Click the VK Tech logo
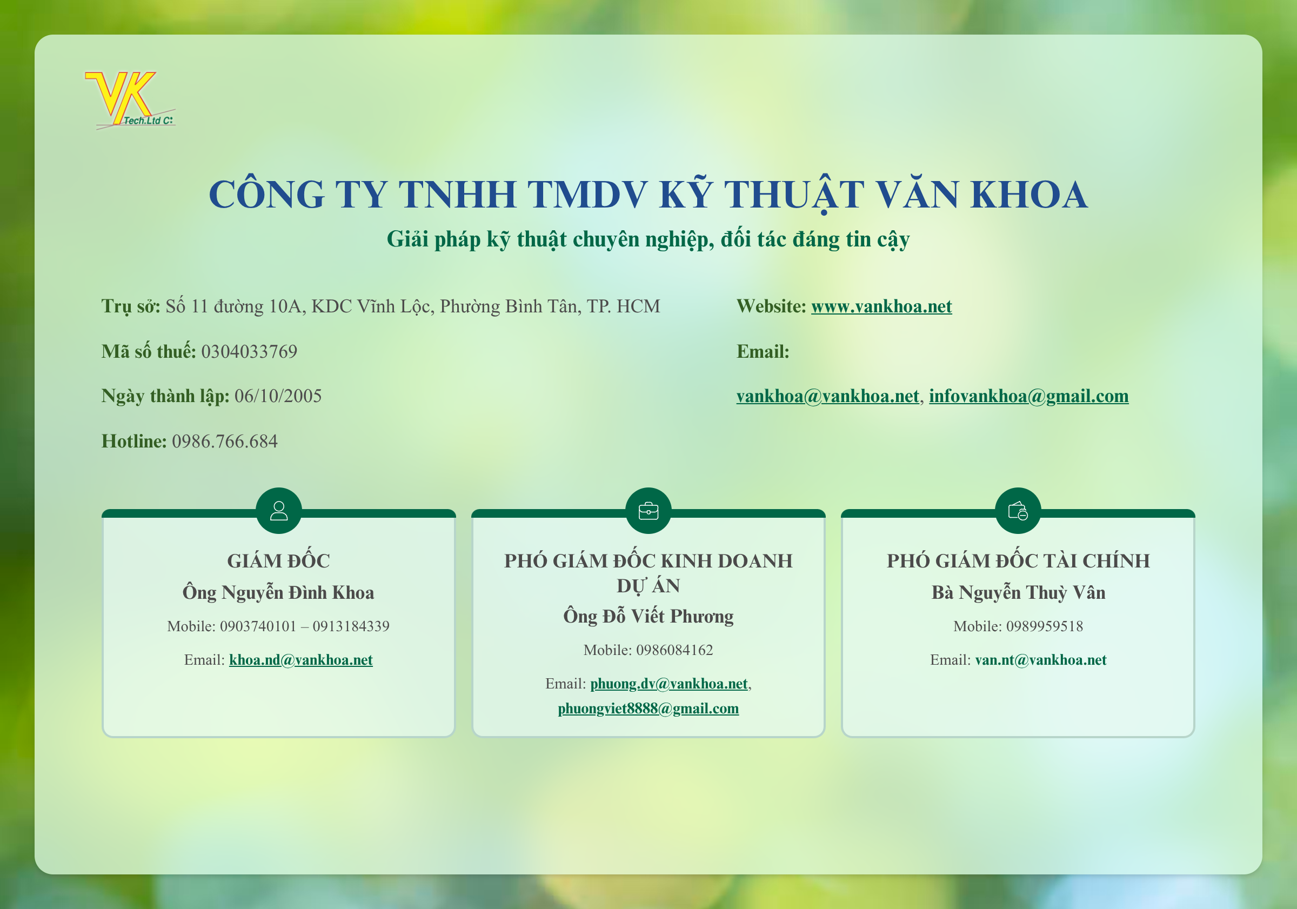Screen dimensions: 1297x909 tap(130, 100)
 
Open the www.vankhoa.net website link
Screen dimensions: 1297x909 tap(881, 306)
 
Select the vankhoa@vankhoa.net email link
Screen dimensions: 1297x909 tap(827, 396)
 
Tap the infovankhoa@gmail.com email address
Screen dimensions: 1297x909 tap(1028, 396)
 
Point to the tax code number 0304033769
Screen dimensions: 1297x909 tap(249, 351)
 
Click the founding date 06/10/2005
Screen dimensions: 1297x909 tap(278, 396)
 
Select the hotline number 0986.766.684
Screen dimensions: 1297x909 tap(225, 441)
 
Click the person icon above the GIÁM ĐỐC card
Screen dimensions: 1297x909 tap(278, 511)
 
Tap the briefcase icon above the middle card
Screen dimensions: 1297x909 tap(648, 511)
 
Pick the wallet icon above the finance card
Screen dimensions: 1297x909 tap(1018, 511)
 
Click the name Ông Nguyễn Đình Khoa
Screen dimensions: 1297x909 tap(278, 593)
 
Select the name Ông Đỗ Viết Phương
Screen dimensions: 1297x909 tap(648, 616)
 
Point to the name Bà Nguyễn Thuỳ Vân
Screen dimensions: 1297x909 tap(1019, 593)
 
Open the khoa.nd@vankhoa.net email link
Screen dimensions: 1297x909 tap(300, 660)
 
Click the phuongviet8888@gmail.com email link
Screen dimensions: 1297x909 tap(648, 709)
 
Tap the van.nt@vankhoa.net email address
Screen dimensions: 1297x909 tap(1040, 660)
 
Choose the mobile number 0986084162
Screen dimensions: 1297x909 tap(674, 650)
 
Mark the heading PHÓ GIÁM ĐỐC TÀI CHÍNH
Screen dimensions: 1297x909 tap(1019, 561)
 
